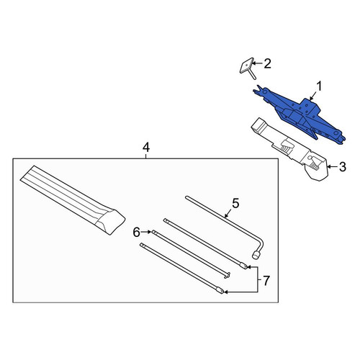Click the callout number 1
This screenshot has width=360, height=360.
(319, 86)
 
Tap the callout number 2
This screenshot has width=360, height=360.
(267, 63)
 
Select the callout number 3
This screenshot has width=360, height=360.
(343, 167)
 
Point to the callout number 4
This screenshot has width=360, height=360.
(146, 148)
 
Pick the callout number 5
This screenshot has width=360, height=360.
(235, 203)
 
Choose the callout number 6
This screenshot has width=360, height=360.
(136, 233)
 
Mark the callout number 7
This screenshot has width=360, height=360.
(266, 281)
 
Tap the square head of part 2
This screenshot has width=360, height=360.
(247, 66)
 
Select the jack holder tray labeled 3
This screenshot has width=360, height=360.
(290, 149)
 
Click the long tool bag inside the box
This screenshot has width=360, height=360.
(73, 199)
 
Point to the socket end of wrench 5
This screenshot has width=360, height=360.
(256, 256)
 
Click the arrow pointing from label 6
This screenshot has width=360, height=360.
(146, 232)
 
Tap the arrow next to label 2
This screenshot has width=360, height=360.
(257, 63)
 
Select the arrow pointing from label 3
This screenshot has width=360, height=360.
(333, 166)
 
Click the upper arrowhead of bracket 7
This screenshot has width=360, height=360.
(249, 266)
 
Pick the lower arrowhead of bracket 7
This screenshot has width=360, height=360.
(226, 292)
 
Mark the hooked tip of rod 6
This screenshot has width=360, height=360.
(227, 276)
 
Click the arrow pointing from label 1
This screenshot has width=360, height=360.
(313, 96)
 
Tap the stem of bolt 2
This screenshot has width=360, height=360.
(253, 74)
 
